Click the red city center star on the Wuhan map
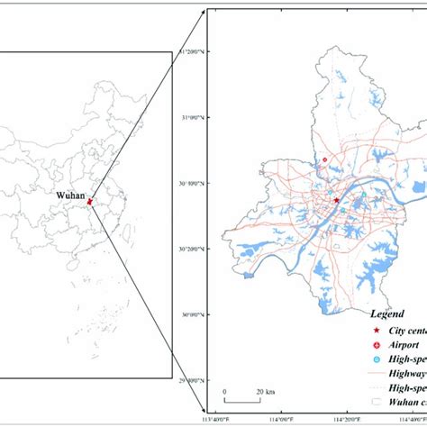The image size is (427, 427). tap(336, 201)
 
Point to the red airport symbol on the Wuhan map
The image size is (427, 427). tap(325, 160)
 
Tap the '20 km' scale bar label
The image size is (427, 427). tap(265, 392)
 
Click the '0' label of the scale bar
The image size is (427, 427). tap(225, 392)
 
